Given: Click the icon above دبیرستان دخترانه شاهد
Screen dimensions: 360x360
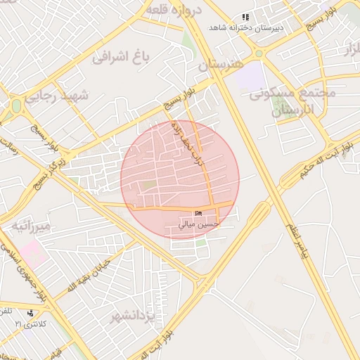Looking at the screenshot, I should pyautogui.click(x=245, y=17).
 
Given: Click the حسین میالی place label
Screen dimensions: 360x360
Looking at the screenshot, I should pyautogui.click(x=199, y=225).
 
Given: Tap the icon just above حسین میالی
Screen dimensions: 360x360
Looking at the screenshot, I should pyautogui.click(x=198, y=214).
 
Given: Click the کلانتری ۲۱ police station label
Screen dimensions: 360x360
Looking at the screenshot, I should pyautogui.click(x=30, y=323).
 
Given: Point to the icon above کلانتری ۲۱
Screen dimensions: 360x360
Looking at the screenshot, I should pyautogui.click(x=30, y=313).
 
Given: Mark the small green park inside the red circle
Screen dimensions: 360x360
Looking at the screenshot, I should pyautogui.click(x=148, y=185).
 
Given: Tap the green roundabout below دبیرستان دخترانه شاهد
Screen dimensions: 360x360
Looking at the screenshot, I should pyautogui.click(x=259, y=53).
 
